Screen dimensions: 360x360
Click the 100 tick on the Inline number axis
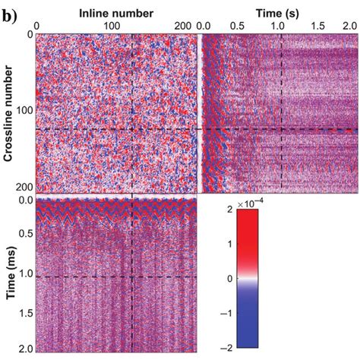[x=102, y=25]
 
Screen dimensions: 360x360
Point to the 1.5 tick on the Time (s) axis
[x=315, y=25]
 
